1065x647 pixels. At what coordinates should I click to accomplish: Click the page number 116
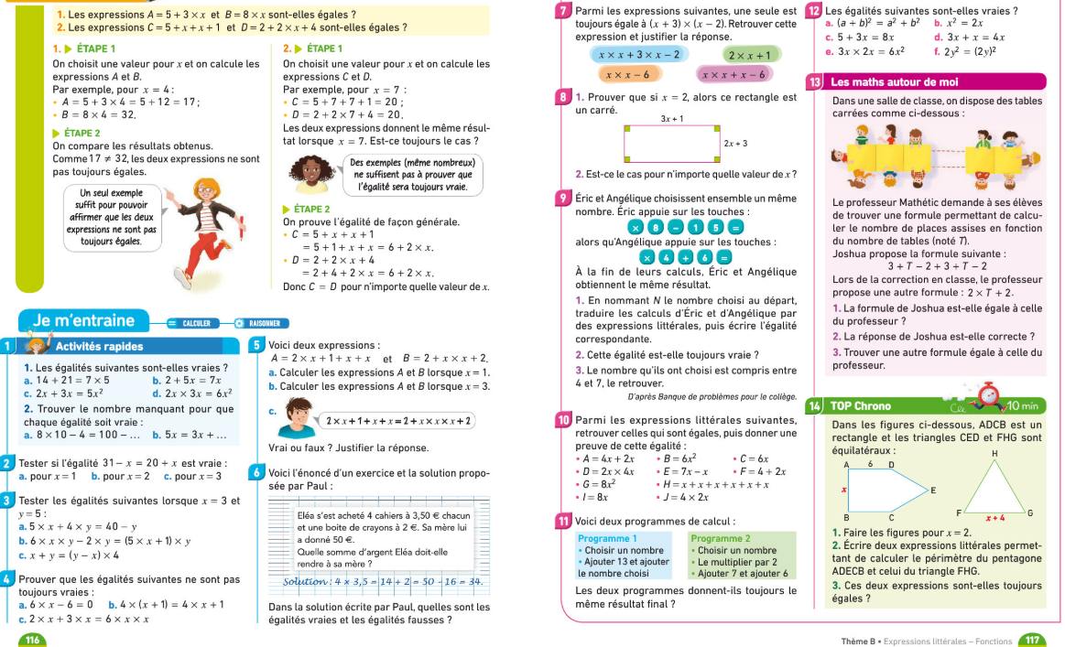[x=32, y=639]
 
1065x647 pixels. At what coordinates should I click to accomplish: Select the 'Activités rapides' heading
[x=100, y=346]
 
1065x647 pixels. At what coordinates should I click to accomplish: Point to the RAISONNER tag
[x=264, y=323]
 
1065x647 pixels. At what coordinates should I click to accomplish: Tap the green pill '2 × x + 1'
[x=750, y=55]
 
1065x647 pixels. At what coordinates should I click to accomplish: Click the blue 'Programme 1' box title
[x=608, y=538]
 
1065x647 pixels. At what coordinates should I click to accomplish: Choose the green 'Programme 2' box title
[x=721, y=538]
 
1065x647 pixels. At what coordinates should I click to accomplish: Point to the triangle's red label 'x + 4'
[x=995, y=517]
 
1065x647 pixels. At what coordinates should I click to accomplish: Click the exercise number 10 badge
[x=564, y=420]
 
